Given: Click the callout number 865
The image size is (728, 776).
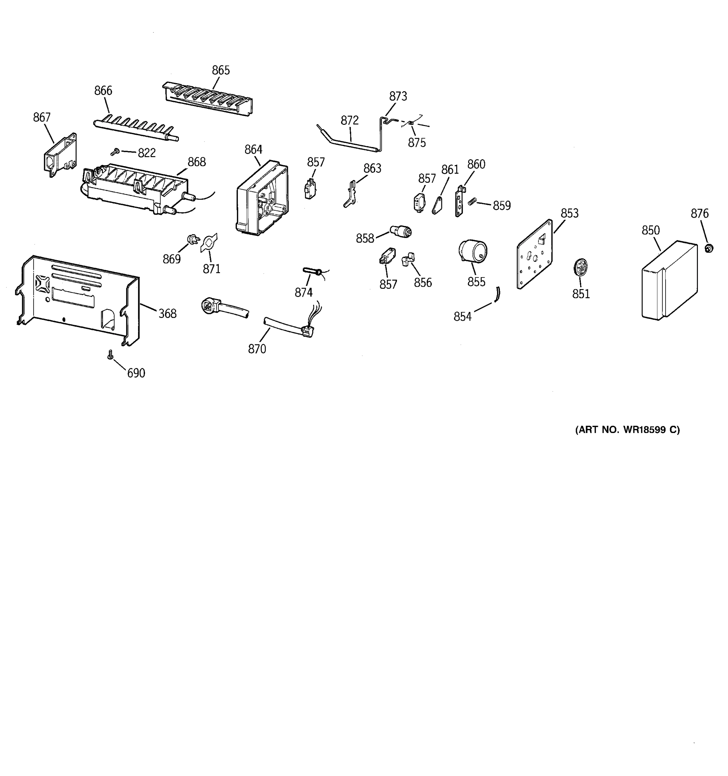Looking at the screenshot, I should tap(221, 70).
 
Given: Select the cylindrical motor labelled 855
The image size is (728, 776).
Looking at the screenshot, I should tap(473, 251).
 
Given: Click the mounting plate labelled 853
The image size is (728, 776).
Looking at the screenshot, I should tap(535, 254).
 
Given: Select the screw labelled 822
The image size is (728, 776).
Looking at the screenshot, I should tap(115, 152).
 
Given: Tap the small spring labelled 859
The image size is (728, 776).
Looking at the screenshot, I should tap(472, 201).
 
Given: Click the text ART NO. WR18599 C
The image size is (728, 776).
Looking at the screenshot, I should tap(627, 430).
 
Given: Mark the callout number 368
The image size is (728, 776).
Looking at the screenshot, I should tap(167, 313).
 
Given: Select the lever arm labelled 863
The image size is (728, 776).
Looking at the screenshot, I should tap(351, 194).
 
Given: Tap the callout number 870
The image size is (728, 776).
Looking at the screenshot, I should tap(257, 349).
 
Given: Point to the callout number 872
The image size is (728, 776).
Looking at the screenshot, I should tap(349, 120).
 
